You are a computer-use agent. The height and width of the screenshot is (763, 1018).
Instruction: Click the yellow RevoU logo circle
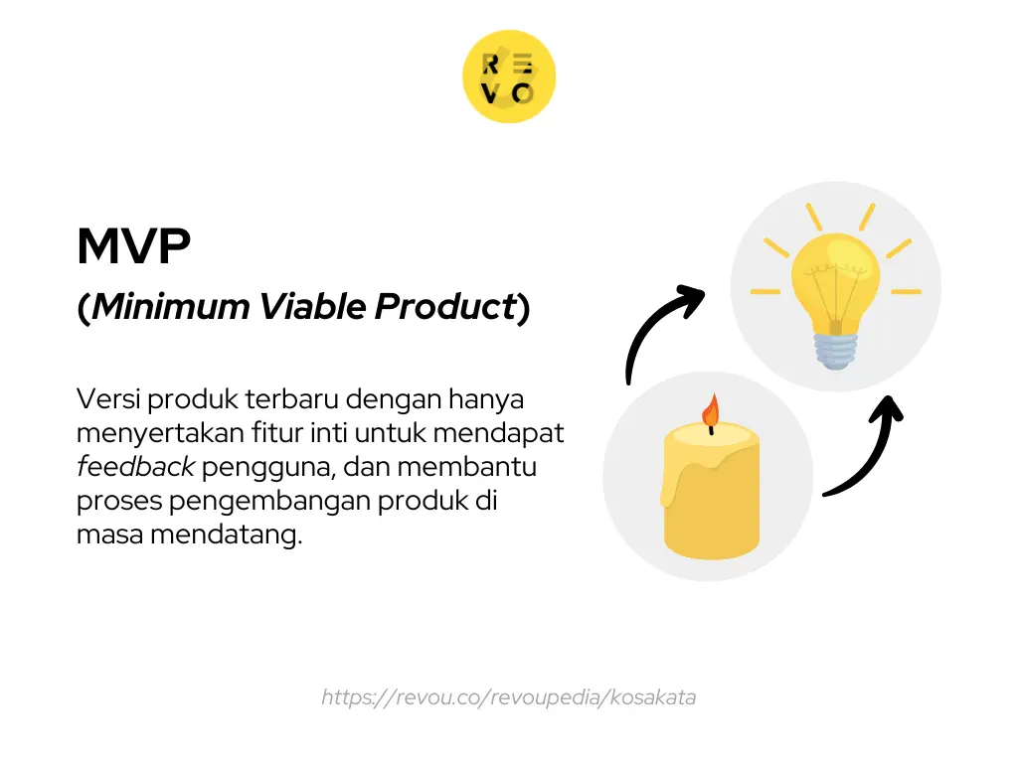(x=509, y=77)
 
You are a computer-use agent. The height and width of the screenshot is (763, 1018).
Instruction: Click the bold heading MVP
(x=133, y=247)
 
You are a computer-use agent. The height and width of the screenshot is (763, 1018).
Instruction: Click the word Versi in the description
(x=104, y=399)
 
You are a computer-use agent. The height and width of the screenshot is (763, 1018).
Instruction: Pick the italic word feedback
(x=135, y=467)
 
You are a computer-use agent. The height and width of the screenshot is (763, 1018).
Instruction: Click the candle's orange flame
(x=710, y=409)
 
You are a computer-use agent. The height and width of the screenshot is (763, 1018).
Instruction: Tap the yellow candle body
(x=708, y=492)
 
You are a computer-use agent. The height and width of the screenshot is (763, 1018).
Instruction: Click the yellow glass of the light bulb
(x=835, y=273)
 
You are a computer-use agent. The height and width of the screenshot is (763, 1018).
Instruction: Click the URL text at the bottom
(x=508, y=697)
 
